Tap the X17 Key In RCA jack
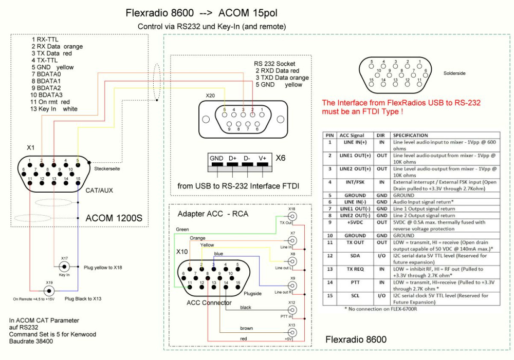click(64, 266)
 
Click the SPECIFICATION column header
click(412, 135)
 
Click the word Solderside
click(454, 73)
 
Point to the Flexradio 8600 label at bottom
click(356, 340)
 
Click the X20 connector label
click(210, 96)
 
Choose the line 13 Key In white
click(53, 109)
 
